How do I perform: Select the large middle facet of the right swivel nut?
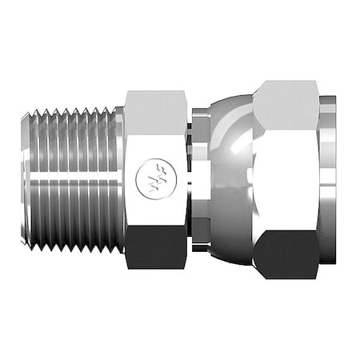tap(288, 176)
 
